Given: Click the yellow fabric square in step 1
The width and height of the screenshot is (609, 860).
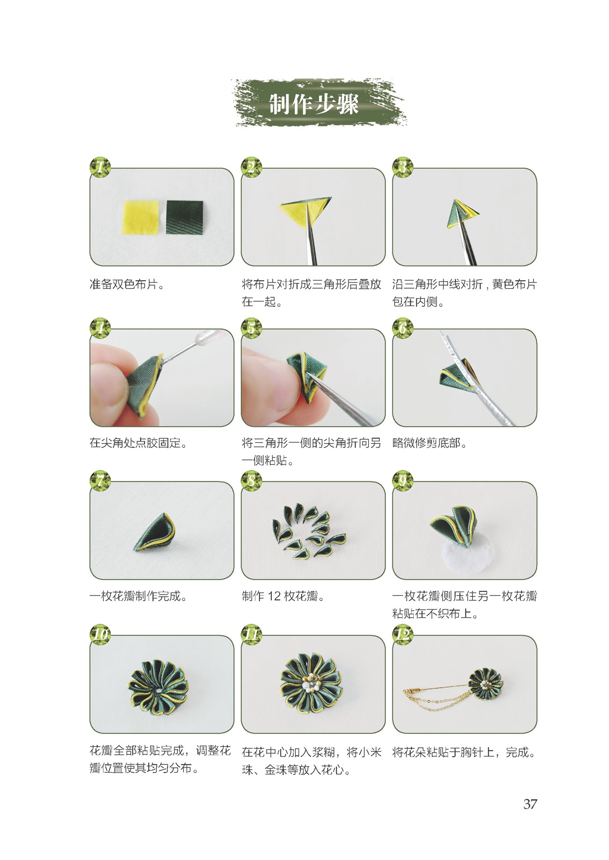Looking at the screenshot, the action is [141, 217].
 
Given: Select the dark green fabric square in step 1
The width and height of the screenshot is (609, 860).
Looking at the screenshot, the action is [184, 217].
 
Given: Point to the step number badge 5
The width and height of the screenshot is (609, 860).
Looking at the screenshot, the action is [251, 328].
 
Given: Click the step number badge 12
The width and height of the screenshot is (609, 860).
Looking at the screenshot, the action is [403, 634].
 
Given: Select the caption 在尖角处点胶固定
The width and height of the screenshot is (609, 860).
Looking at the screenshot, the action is [139, 443].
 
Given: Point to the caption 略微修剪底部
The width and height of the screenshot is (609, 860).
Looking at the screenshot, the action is [430, 443].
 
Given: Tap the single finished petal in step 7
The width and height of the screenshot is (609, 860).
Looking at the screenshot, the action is [155, 532].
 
